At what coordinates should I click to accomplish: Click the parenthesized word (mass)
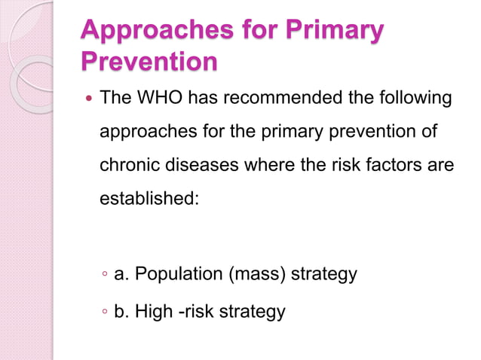[259, 274]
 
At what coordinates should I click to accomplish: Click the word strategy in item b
[252, 310]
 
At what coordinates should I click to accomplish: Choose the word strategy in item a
[324, 274]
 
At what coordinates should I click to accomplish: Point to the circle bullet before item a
[106, 275]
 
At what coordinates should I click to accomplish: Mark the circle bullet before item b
[106, 311]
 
